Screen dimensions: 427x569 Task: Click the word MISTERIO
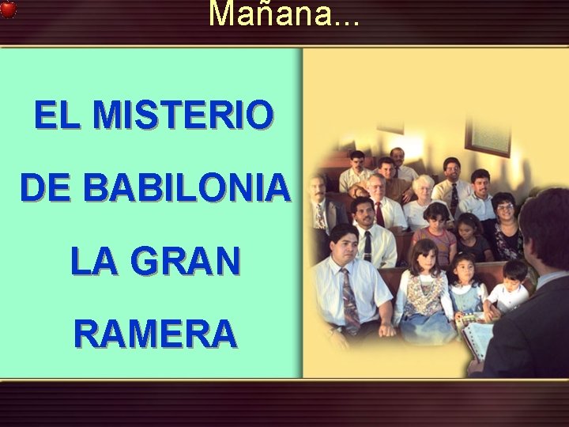click(183, 116)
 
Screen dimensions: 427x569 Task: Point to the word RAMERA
click(155, 333)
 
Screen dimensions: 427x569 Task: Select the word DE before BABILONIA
click(47, 188)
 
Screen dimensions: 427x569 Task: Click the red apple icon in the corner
click(8, 9)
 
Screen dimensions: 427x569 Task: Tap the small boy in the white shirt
click(510, 288)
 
